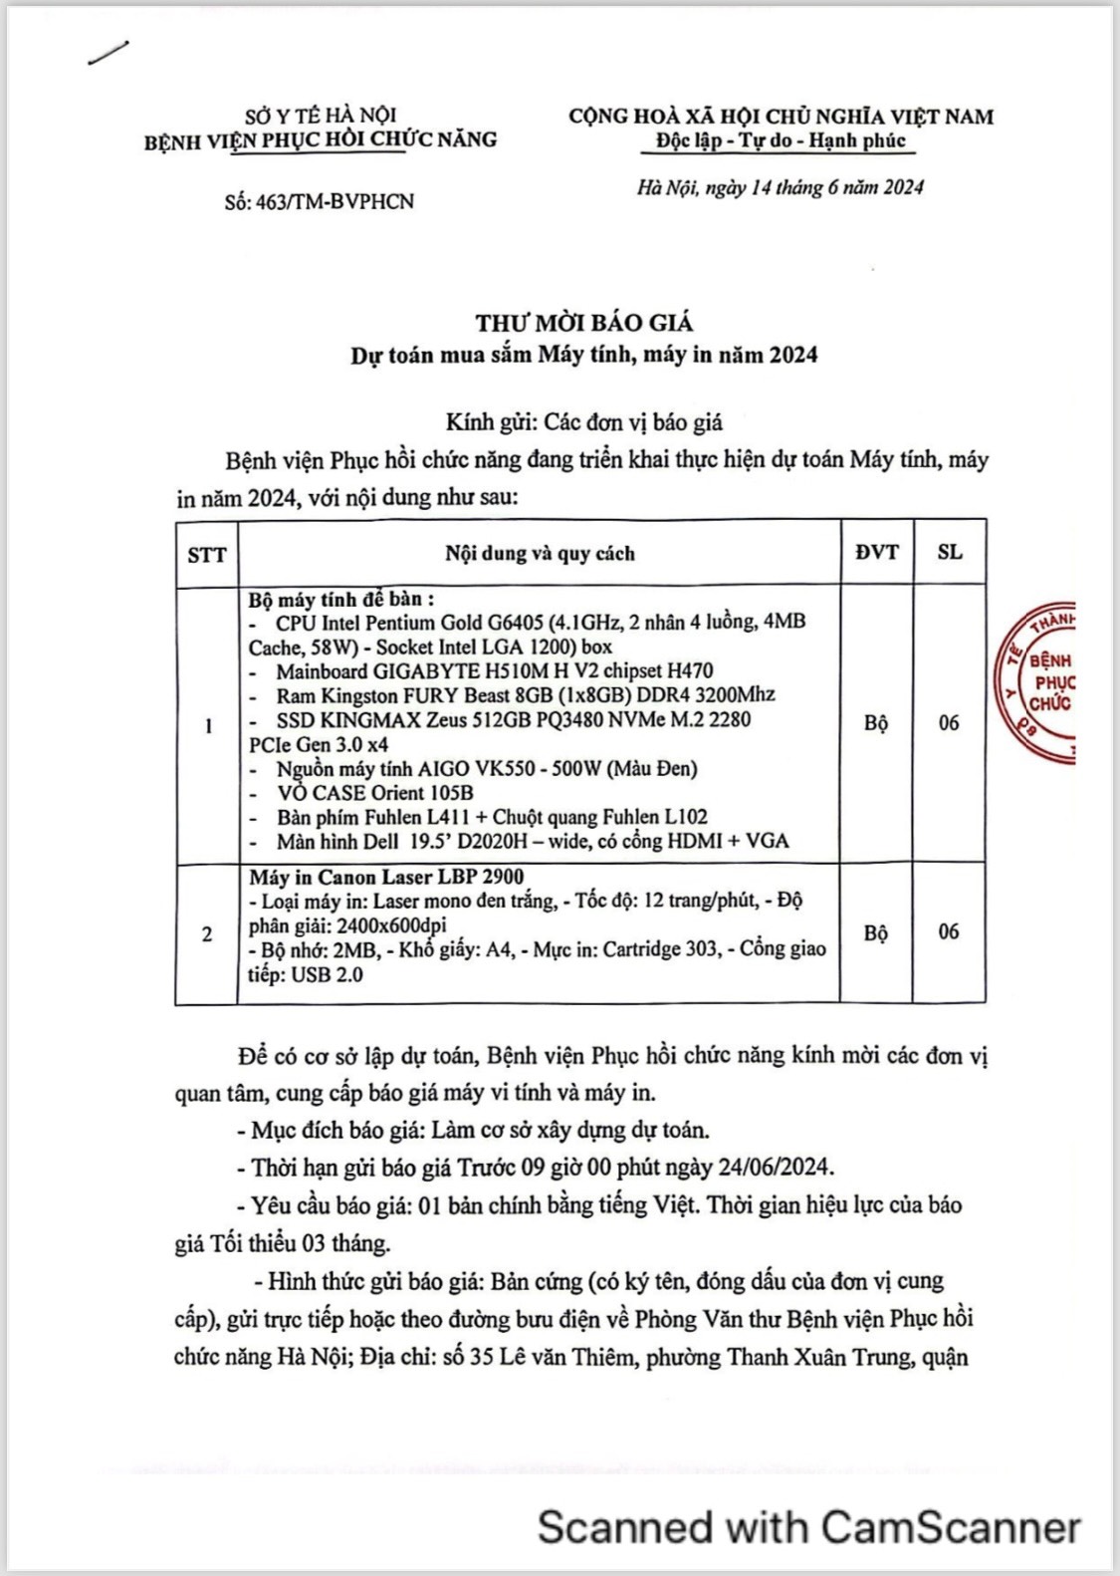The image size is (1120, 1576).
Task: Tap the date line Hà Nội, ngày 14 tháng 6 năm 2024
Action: pyautogui.click(x=781, y=187)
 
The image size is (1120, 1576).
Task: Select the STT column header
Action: pyautogui.click(x=206, y=555)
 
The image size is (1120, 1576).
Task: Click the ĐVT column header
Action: pyautogui.click(x=876, y=552)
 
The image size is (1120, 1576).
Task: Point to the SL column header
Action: pyautogui.click(x=950, y=552)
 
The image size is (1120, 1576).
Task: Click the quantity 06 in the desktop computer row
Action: pyautogui.click(x=949, y=723)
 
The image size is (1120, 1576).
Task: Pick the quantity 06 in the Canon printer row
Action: pyautogui.click(x=949, y=932)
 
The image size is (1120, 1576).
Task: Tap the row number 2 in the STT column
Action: pyautogui.click(x=207, y=934)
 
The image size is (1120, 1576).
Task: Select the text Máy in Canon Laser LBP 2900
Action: pyautogui.click(x=386, y=877)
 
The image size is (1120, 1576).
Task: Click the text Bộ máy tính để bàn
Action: pyautogui.click(x=340, y=600)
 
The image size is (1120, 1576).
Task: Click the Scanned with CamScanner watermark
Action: pyautogui.click(x=808, y=1527)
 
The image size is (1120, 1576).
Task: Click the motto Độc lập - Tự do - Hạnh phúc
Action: pyautogui.click(x=781, y=140)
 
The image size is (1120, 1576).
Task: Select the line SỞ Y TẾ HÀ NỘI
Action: pyautogui.click(x=321, y=116)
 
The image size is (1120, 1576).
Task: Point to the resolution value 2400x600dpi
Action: pyautogui.click(x=391, y=925)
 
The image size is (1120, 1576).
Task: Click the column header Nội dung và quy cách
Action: pyautogui.click(x=540, y=554)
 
